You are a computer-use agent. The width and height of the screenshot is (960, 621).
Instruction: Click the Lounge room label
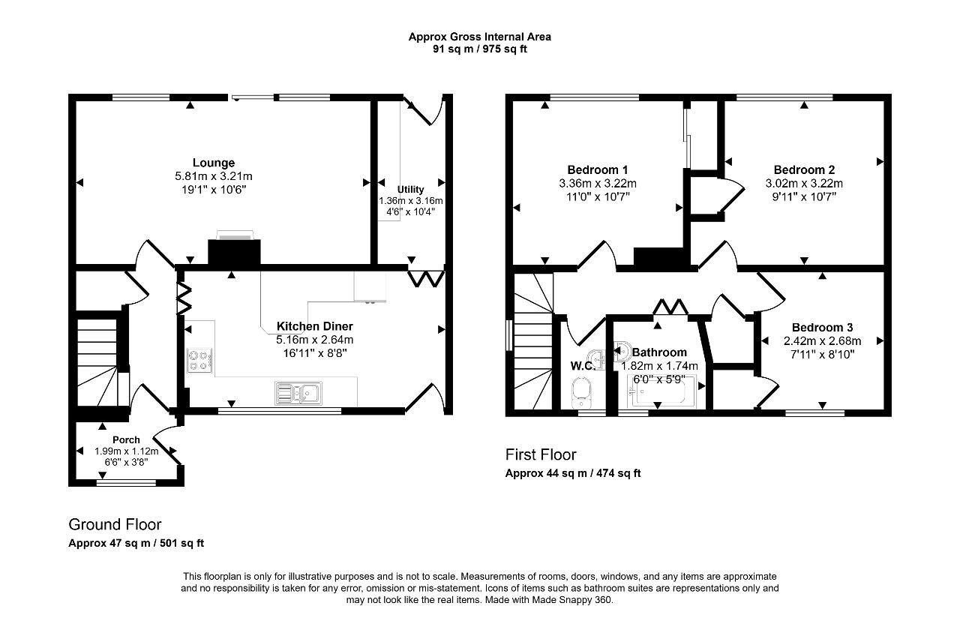[x=214, y=163]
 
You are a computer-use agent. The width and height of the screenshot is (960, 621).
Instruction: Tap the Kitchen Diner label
[x=314, y=326]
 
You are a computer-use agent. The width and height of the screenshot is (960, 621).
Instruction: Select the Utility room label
[x=410, y=190]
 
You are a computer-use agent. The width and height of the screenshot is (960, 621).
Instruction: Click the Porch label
[x=126, y=439]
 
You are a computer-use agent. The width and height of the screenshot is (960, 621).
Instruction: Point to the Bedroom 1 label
[x=598, y=169]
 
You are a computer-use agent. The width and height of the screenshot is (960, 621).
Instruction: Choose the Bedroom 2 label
[x=804, y=169]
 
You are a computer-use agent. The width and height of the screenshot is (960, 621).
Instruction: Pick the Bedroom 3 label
[x=822, y=328]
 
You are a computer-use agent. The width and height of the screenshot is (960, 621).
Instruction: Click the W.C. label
[x=583, y=365]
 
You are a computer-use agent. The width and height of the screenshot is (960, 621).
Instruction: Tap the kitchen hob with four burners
[x=199, y=361]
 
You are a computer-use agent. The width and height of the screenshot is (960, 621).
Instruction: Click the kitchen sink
[x=298, y=393]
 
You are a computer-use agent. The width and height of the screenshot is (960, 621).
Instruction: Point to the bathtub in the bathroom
[x=661, y=391]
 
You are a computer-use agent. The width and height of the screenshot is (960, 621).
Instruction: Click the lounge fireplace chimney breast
[x=234, y=253]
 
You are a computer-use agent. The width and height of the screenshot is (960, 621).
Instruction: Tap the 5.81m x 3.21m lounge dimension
[x=214, y=176]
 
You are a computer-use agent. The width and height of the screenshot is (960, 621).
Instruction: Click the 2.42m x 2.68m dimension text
[x=822, y=341]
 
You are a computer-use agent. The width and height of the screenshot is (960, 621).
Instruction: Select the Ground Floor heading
[x=115, y=524]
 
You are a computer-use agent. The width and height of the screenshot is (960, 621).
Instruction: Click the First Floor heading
[x=541, y=454]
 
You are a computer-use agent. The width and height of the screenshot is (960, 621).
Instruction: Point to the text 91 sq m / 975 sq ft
[x=479, y=49]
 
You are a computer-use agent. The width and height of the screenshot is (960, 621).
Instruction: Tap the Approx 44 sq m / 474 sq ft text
[x=573, y=473]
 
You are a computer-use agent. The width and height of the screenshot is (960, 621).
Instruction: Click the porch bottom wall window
[x=126, y=484]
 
